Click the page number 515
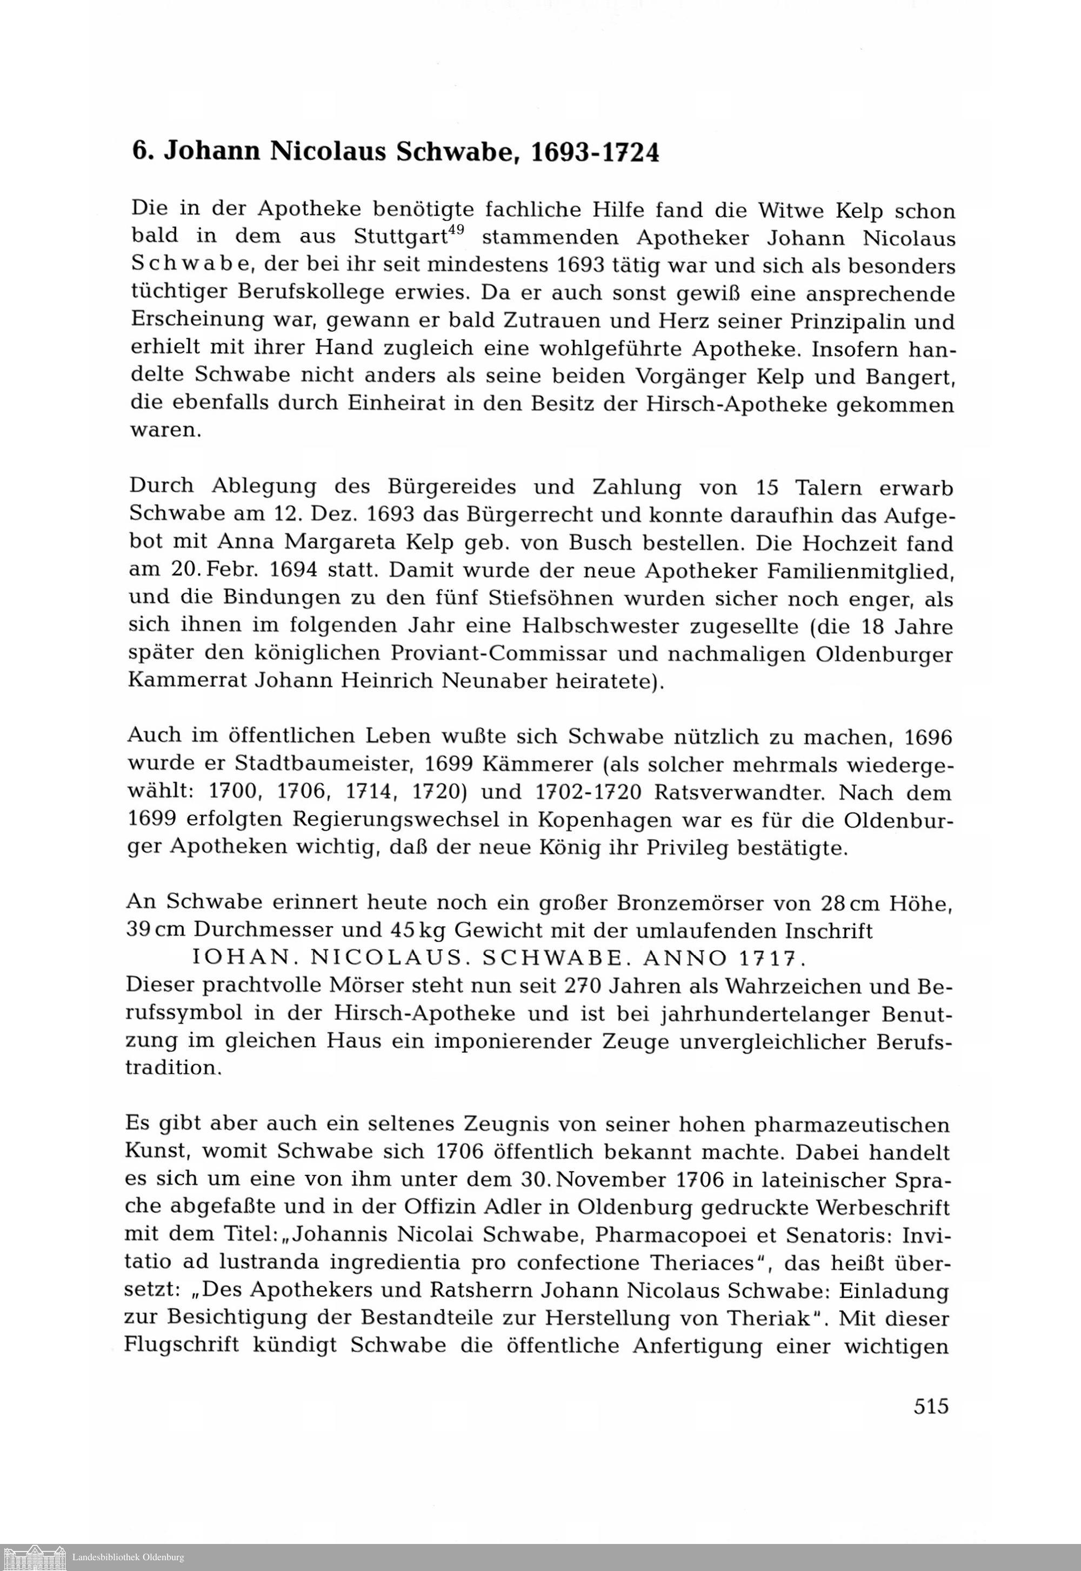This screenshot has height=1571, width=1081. (931, 1407)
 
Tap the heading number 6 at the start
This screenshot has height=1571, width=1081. (139, 152)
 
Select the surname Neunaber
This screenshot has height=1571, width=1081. (500, 680)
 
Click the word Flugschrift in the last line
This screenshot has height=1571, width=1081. (182, 1346)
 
